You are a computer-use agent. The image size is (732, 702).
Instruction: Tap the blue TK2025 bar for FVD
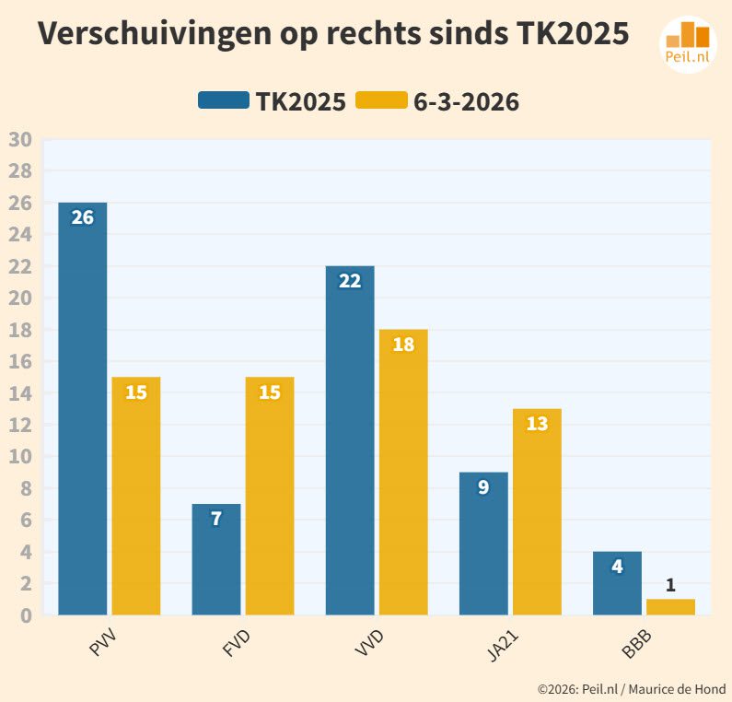point(215,559)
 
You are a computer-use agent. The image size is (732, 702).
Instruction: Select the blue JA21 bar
point(483,544)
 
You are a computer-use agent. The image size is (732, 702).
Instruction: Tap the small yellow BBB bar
point(670,607)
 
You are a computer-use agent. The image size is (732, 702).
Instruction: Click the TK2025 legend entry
point(273,101)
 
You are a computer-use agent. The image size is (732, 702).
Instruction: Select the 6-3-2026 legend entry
point(437,101)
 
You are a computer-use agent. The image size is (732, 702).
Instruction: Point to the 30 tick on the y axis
point(20,140)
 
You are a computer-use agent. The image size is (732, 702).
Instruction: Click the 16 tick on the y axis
point(20,362)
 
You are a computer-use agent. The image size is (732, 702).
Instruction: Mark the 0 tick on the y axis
point(25,615)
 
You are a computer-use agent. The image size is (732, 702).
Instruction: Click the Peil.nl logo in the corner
point(688,42)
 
